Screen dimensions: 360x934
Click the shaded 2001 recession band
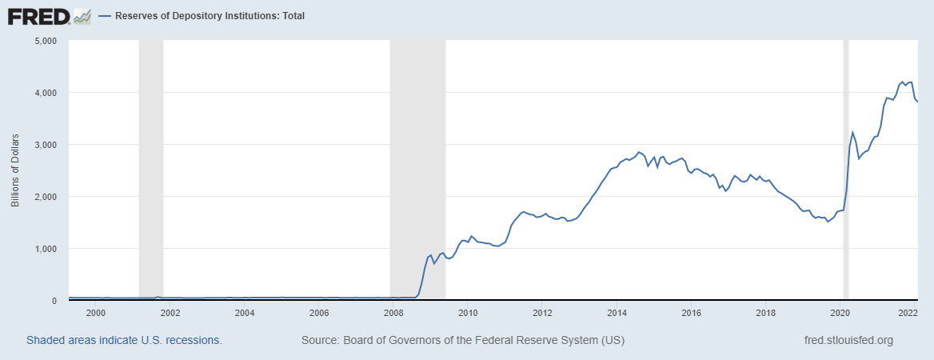[151, 168]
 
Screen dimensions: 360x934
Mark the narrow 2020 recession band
[845, 168]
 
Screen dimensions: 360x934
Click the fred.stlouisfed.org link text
[848, 341]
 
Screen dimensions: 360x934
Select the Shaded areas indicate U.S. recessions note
[124, 341]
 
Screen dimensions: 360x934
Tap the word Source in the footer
[318, 341]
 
